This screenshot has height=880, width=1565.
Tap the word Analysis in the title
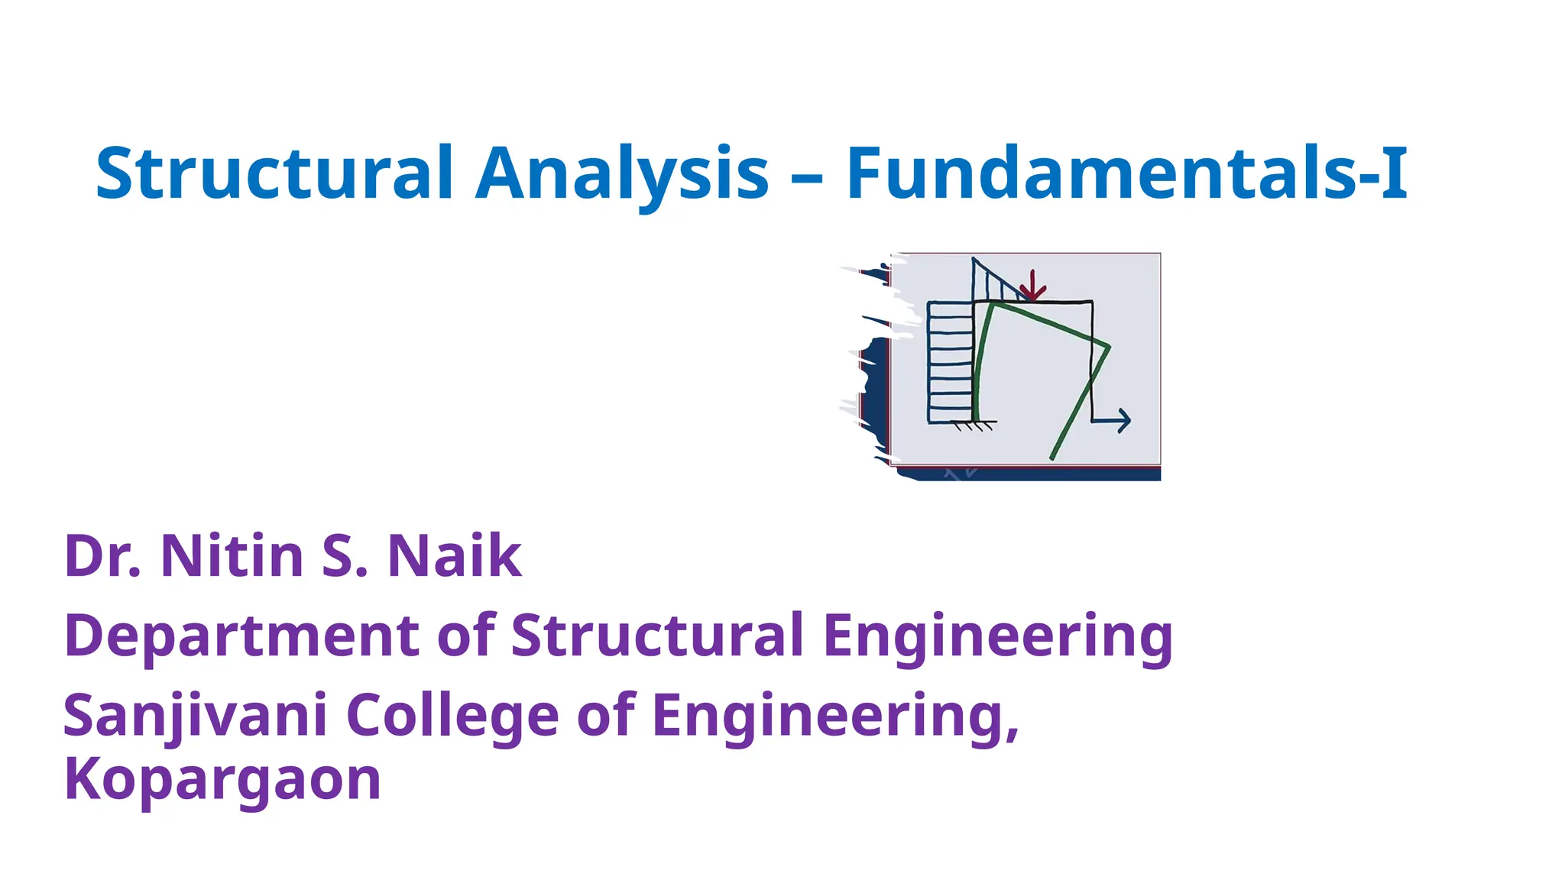[622, 174]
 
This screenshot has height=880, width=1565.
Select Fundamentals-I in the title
[1126, 174]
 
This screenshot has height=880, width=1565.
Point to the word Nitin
[232, 556]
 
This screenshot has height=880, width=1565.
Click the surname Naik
[454, 556]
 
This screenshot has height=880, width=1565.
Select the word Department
[241, 636]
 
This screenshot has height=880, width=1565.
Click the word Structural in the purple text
[657, 636]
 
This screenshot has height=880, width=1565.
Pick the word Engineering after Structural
[998, 636]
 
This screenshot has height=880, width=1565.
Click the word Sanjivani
[196, 717]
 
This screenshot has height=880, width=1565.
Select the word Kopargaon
[222, 779]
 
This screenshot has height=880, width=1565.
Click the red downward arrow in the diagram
[1032, 286]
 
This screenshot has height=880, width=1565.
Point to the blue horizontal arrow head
[1123, 420]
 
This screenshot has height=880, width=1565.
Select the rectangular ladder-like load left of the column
[951, 361]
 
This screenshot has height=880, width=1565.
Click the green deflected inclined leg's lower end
[1053, 457]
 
